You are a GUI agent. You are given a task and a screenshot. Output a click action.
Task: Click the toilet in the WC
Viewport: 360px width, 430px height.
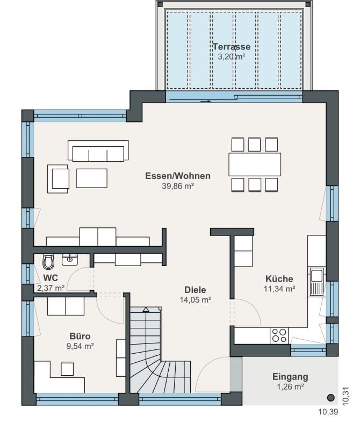48,262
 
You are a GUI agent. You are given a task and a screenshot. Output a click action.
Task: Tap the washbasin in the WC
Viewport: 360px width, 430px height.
70,260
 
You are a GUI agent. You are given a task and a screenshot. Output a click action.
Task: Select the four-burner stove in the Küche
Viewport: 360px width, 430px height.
279,335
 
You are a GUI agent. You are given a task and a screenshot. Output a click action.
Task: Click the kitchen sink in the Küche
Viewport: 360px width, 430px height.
316,282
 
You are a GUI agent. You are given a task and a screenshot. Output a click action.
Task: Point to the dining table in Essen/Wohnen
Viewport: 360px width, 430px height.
255,164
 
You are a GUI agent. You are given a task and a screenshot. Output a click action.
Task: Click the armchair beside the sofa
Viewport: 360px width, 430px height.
58,179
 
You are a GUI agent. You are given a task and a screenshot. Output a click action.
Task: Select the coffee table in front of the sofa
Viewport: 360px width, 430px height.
91,178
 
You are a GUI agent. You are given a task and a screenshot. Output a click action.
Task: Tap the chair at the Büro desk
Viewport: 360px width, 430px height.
67,369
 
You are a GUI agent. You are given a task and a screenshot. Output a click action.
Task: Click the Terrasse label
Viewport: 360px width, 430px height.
232,46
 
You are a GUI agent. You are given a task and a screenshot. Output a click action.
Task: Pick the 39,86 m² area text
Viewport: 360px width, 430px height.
178,186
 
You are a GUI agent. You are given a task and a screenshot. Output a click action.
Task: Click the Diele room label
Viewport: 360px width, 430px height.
195,290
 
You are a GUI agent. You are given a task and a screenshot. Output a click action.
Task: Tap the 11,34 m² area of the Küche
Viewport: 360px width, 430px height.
279,289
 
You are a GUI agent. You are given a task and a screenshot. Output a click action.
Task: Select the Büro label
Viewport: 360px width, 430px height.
80,336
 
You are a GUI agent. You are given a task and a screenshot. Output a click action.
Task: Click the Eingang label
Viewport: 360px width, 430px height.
290,377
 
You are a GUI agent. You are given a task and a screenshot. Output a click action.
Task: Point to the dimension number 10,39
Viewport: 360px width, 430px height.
328,412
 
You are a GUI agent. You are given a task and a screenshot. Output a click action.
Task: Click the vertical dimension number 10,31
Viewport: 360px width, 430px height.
345,396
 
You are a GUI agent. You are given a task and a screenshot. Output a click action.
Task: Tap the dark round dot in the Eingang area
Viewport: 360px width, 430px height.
331,397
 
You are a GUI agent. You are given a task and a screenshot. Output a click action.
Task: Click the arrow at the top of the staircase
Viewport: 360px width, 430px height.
146,310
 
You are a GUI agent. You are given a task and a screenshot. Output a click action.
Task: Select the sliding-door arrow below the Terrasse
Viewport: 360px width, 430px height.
206,101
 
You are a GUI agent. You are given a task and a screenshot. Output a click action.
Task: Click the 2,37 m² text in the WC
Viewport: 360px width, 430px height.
51,288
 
